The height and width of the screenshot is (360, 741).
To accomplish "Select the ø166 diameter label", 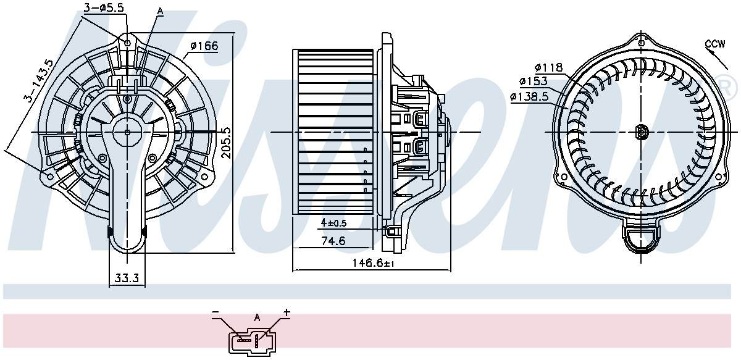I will click(x=204, y=45).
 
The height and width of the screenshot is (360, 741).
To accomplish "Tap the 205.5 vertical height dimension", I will click(x=227, y=143).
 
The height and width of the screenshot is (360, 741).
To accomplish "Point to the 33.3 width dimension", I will click(x=127, y=279).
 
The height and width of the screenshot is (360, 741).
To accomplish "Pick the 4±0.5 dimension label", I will click(x=334, y=222).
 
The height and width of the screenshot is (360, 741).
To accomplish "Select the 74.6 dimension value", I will click(x=333, y=241).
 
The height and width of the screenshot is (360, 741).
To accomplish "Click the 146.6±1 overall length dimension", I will click(x=372, y=262).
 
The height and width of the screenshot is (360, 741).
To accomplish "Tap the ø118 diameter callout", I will click(x=548, y=68).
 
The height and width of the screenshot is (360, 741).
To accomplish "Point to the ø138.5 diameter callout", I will click(x=529, y=96).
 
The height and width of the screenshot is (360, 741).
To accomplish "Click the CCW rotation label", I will click(x=715, y=43).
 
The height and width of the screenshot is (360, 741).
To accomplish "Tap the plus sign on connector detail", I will click(x=287, y=313).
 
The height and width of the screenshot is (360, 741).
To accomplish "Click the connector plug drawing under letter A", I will click(x=250, y=339).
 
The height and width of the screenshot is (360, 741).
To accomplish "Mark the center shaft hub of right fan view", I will click(x=641, y=132).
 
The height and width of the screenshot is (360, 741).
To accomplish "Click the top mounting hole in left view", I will click(x=128, y=43).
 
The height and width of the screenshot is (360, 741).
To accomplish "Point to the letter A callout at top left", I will click(x=160, y=11).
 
